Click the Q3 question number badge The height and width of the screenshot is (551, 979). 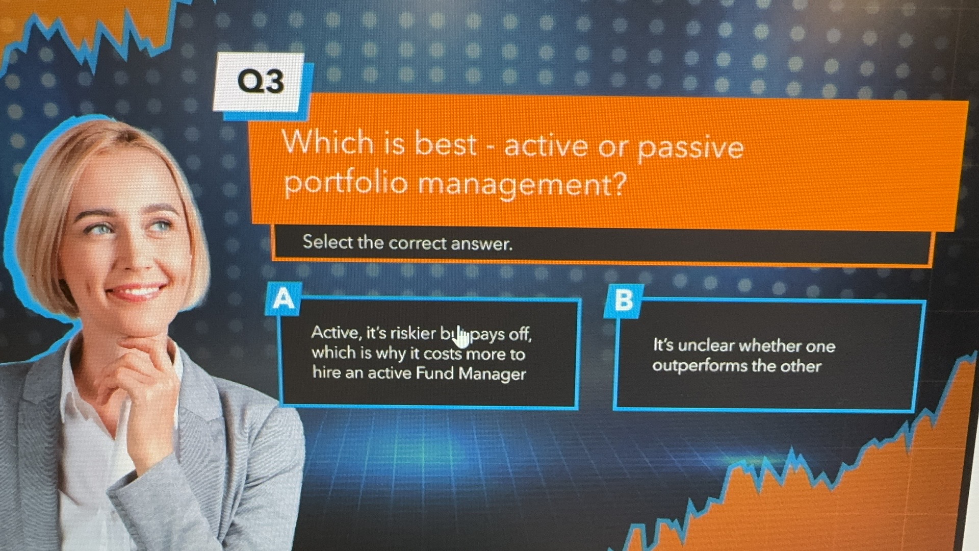pos(260,82)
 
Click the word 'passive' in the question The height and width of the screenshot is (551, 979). pos(690,148)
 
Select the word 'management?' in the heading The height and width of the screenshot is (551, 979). pos(521,185)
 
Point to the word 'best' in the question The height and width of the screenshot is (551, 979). pos(445,144)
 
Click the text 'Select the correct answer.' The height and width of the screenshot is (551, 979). pos(407,243)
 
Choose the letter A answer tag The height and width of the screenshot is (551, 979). pos(284,298)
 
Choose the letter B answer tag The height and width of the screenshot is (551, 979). pos(624,300)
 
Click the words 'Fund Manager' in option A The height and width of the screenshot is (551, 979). pos(470,373)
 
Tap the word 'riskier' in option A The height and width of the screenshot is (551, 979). pos(413,333)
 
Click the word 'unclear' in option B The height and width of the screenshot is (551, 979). pos(706,346)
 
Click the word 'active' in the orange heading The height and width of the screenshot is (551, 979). pos(546,146)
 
